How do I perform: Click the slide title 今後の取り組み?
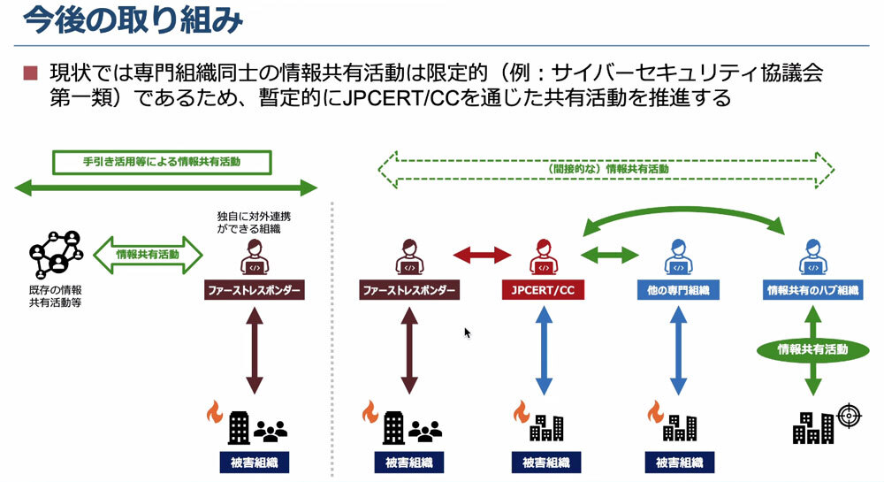131,21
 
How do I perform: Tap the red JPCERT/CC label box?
542,290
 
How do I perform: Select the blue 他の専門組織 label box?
678,290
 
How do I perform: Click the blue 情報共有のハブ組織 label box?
812,290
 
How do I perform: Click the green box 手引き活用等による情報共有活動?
161,163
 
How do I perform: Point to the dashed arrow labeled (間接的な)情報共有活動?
606,168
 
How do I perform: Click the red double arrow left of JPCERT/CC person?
483,256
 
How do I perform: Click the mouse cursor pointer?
468,333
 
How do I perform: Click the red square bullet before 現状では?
30,73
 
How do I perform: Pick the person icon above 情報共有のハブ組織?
812,256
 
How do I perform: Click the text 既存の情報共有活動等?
55,296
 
